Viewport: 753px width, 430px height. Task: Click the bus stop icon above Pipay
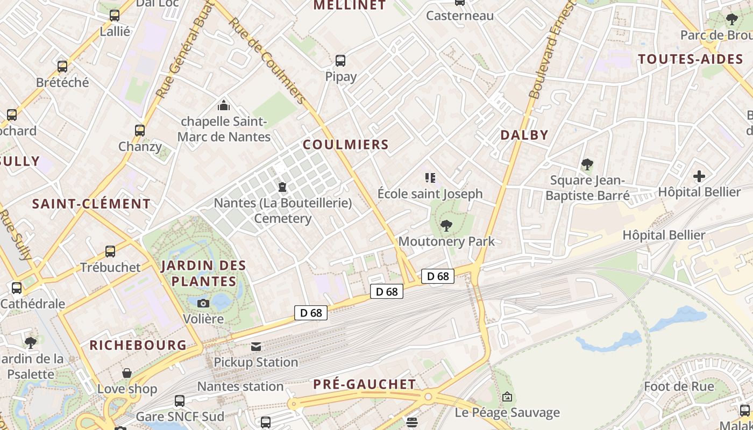(x=340, y=60)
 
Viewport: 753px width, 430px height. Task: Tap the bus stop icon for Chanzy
(x=140, y=130)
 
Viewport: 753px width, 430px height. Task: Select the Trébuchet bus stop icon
(x=110, y=251)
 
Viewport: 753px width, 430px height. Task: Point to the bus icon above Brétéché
(x=62, y=67)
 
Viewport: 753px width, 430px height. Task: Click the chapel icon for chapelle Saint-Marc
(x=224, y=105)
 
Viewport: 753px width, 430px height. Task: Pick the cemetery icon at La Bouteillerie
(x=282, y=187)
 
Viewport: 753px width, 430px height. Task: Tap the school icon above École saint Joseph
(x=430, y=177)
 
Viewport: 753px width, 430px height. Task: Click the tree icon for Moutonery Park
(x=446, y=225)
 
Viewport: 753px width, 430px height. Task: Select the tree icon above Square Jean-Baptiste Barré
(x=587, y=164)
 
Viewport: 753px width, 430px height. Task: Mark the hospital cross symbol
(x=699, y=176)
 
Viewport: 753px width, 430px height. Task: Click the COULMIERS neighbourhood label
(x=345, y=145)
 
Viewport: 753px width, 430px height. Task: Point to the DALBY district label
(x=524, y=135)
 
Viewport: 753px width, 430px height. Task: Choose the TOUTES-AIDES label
(x=691, y=59)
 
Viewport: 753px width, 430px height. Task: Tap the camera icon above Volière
(x=203, y=303)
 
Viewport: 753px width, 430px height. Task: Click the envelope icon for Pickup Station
(x=256, y=347)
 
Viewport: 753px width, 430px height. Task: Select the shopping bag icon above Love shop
(x=127, y=373)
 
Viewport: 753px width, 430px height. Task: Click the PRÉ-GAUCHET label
(x=365, y=384)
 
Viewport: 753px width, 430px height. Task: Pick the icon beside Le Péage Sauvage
(x=507, y=397)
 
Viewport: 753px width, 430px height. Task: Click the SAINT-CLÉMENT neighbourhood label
(x=91, y=204)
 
